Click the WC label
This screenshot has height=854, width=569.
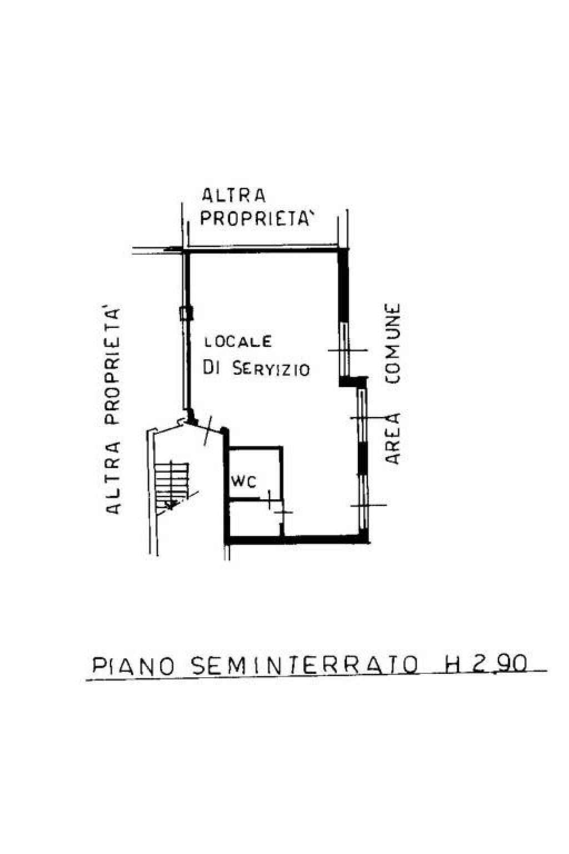point(243,483)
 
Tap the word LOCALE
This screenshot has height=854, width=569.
point(238,341)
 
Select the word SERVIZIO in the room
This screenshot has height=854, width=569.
point(271,369)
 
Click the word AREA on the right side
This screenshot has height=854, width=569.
point(392,438)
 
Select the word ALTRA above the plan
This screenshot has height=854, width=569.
point(233,196)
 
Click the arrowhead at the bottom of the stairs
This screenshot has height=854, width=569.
point(171,505)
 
